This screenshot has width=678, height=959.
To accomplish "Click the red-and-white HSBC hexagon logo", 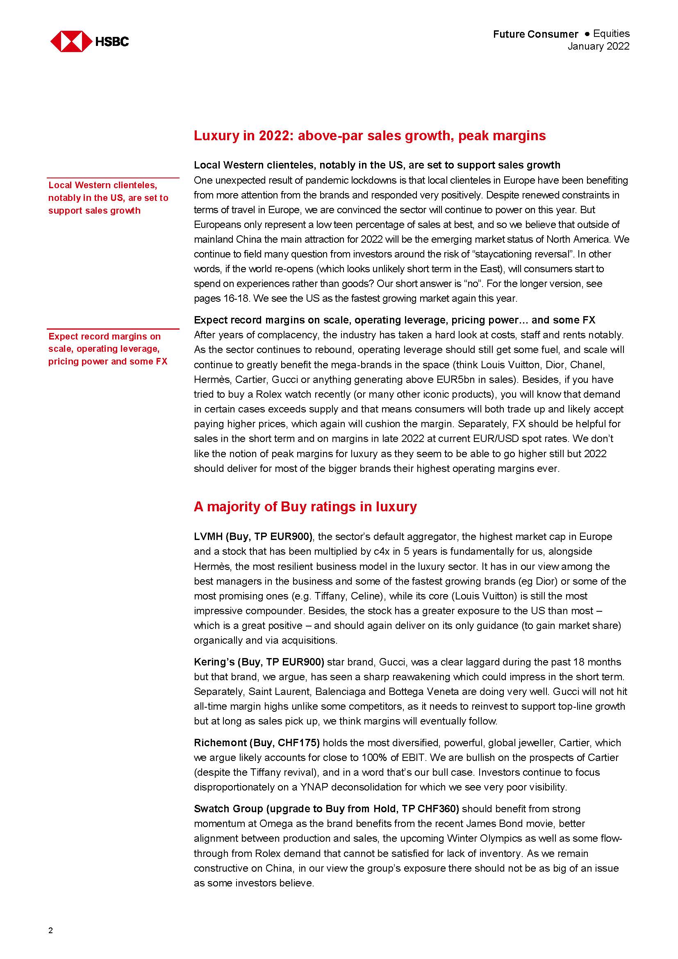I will coord(71,41).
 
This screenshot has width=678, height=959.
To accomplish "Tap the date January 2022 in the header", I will coord(598,46).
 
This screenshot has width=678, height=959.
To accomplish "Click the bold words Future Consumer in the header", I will coord(535,34).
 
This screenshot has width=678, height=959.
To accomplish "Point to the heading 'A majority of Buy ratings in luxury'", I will coord(305,507).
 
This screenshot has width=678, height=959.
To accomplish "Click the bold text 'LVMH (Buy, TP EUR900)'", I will coord(253,537).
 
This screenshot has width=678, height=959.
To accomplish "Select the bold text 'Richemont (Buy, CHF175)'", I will coord(257,743).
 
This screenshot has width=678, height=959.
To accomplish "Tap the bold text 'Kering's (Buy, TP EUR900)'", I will coord(259,662).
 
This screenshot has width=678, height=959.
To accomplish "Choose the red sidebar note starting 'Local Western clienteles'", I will coord(108,198).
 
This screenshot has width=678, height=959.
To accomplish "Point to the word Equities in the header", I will coord(611,34).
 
